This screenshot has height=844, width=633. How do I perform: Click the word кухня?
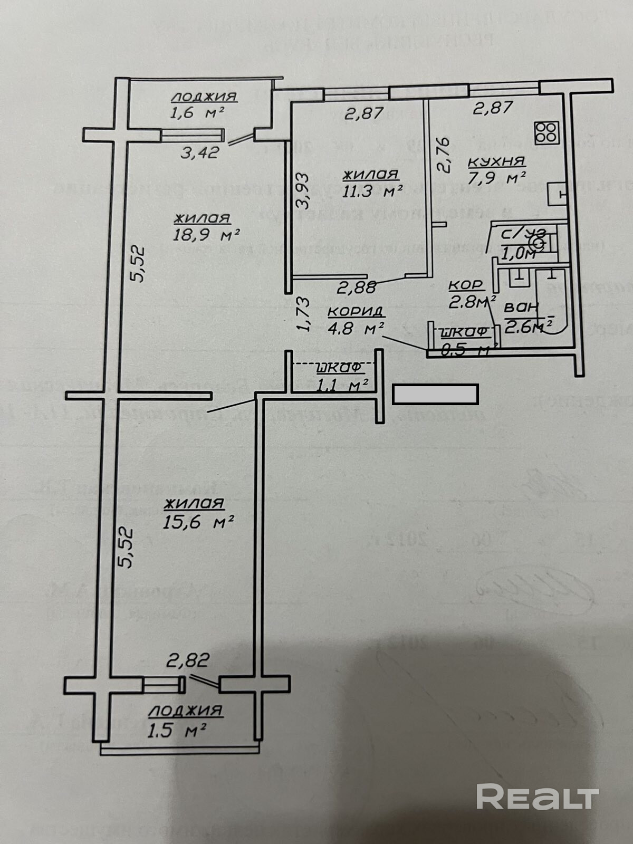tap(496, 161)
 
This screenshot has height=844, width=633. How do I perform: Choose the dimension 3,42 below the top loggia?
tap(200, 153)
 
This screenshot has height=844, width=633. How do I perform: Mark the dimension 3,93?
tap(302, 190)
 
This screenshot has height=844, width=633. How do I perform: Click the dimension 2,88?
tap(357, 287)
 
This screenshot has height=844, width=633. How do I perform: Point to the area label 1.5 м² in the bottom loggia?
tap(177, 731)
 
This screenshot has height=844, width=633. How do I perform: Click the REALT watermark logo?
tap(538, 796)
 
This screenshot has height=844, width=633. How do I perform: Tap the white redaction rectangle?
tap(435, 394)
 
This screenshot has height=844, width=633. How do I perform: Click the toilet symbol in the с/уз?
tap(539, 244)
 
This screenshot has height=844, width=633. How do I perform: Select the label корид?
tap(355, 311)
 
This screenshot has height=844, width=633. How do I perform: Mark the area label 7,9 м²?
tap(497, 178)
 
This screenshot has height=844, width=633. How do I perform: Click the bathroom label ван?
tap(521, 306)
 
